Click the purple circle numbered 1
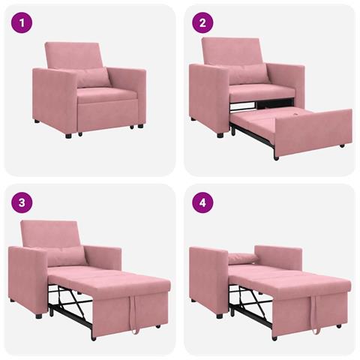pyautogui.click(x=22, y=22)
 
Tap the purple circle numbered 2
pyautogui.click(x=202, y=22)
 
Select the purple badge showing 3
pyautogui.click(x=22, y=202)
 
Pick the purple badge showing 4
pyautogui.click(x=202, y=202)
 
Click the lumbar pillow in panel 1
pyautogui.click(x=93, y=78)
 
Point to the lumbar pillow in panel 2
pyautogui.click(x=247, y=73)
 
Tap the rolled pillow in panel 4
pyautogui.click(x=244, y=259)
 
